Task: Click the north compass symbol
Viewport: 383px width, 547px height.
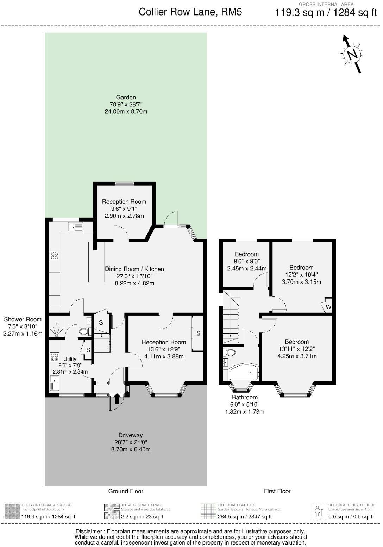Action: coord(352,54)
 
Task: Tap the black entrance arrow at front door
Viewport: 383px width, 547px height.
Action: coord(117,399)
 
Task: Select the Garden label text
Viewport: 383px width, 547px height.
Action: coord(126,97)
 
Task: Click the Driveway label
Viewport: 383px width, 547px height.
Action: coord(130,435)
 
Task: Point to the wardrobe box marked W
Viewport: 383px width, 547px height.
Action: coord(328,306)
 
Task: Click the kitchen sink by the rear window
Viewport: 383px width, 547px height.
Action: coord(75,227)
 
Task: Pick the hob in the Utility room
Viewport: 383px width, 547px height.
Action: coord(55,357)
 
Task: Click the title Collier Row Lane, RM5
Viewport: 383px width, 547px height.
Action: coord(190,12)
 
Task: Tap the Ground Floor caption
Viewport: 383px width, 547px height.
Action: coord(126,491)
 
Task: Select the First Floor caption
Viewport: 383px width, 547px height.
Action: coord(277,491)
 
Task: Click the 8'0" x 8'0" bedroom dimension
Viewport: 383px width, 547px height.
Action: coord(246,261)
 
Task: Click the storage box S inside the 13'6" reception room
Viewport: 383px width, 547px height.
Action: coord(198,333)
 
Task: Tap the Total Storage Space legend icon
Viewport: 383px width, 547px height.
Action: coord(112,511)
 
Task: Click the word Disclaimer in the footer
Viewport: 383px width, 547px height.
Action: coord(90,531)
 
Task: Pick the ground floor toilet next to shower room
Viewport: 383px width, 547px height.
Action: coord(84,331)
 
